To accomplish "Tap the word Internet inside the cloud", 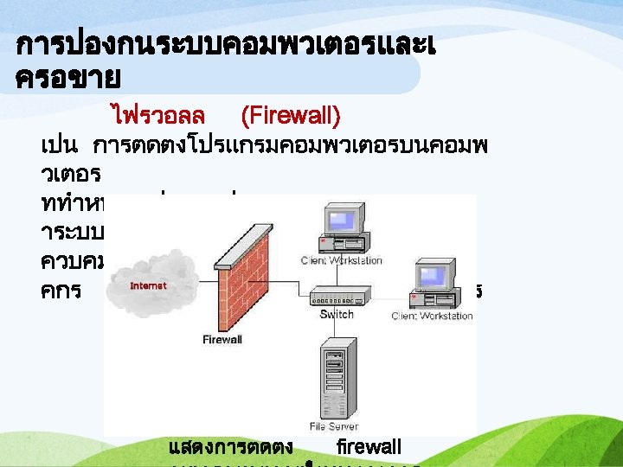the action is pos(149,285).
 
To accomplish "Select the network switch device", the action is pos(337,295).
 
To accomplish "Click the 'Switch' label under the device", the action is pos(337,315).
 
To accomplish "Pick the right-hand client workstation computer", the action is pos(432,281).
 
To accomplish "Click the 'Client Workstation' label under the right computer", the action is pos(432,316).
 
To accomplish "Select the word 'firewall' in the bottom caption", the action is pos(369,447).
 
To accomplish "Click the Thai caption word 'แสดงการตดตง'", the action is pos(232,447).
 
